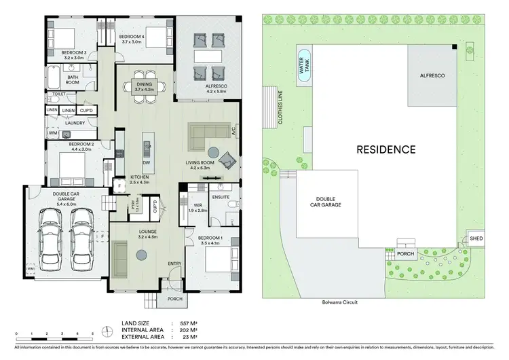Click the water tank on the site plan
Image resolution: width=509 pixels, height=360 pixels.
click(x=304, y=67)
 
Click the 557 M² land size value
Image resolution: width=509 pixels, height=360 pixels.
click(x=187, y=323)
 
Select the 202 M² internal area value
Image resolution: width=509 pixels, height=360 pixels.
click(x=187, y=329)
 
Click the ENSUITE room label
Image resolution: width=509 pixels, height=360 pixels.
click(x=219, y=197)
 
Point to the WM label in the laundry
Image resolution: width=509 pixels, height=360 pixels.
click(x=52, y=134)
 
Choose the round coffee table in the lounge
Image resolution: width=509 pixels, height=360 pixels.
click(x=141, y=255)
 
